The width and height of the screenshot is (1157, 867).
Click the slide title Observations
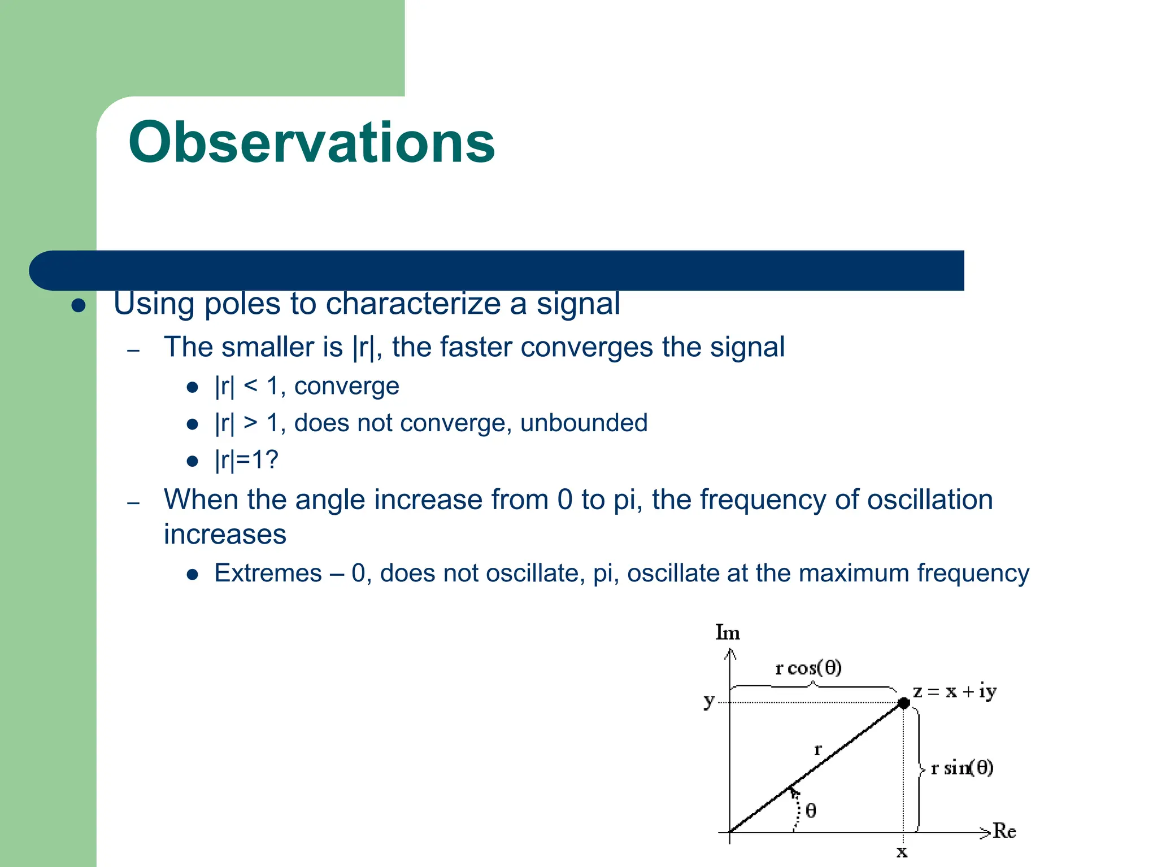[311, 142]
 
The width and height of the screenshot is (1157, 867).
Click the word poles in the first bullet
[242, 304]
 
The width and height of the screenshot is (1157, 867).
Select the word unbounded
[584, 423]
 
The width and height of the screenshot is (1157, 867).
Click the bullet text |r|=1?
[246, 460]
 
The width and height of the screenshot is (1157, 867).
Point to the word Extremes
[268, 573]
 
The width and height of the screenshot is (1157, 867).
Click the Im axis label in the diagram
[727, 632]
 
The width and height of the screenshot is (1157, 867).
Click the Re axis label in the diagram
[1004, 831]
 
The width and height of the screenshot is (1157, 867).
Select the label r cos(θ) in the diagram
[808, 668]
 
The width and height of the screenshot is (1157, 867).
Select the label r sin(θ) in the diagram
[962, 768]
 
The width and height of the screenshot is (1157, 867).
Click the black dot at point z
[903, 703]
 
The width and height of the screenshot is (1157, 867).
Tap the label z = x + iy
[954, 691]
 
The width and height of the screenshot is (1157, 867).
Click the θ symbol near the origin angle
[811, 811]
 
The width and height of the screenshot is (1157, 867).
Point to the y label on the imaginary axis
[709, 701]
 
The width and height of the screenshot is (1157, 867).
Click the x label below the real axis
[902, 852]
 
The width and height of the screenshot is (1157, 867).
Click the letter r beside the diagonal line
[817, 750]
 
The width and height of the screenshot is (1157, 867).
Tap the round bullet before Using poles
[79, 306]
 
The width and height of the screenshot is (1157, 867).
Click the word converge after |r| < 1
[346, 387]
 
